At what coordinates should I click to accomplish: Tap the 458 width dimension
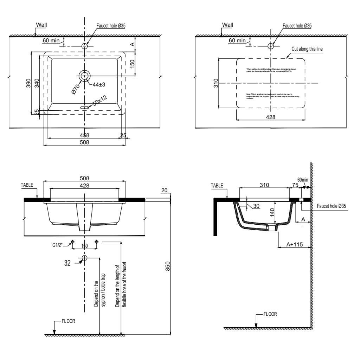point(84,135)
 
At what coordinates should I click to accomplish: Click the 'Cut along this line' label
point(307,49)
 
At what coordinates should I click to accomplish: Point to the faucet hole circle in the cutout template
point(271,46)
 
